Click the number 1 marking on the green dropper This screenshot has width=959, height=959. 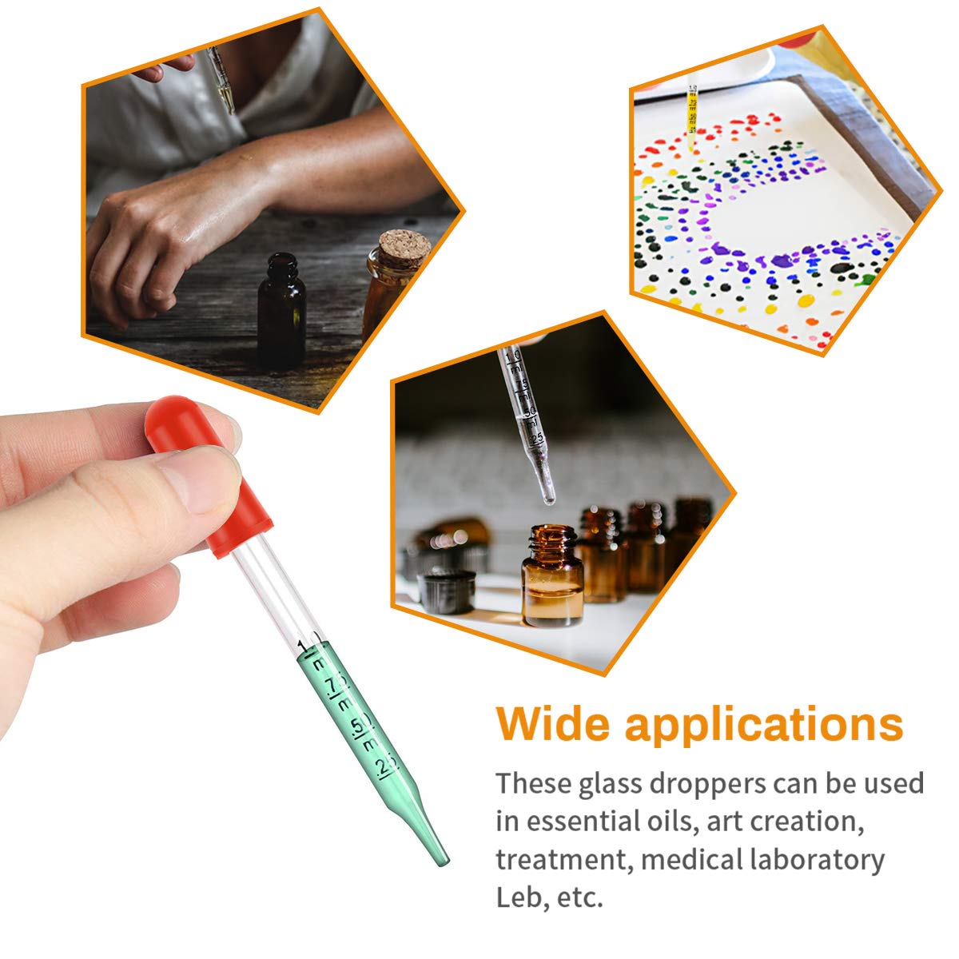pyautogui.click(x=302, y=645)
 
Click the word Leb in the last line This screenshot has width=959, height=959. pyautogui.click(x=519, y=897)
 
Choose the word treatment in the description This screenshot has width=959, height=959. pyautogui.click(x=562, y=860)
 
